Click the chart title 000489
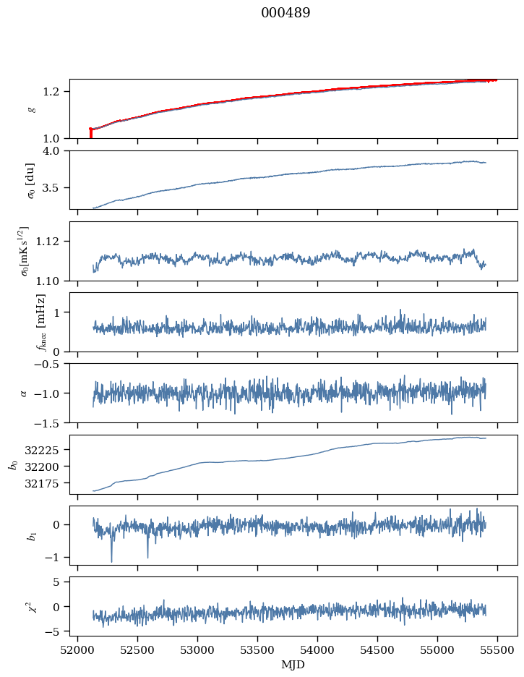click(x=285, y=13)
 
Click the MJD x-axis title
click(x=293, y=665)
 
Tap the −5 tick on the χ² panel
click(x=59, y=631)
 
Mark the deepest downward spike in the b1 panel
click(x=111, y=561)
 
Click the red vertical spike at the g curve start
click(x=90, y=133)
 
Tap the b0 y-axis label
click(x=13, y=464)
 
